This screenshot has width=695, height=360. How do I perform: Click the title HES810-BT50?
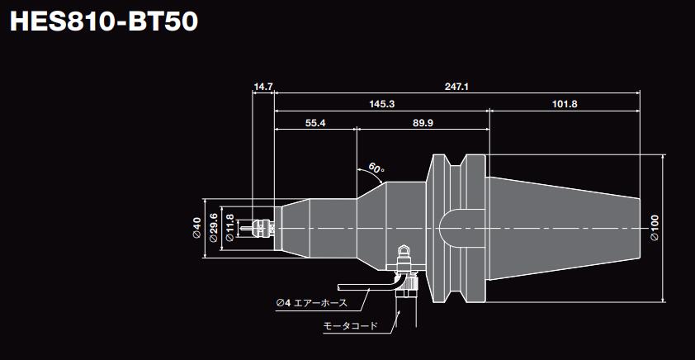(x=102, y=21)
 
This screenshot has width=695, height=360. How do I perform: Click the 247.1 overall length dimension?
(x=456, y=86)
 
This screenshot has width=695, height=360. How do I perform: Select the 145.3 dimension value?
(x=382, y=104)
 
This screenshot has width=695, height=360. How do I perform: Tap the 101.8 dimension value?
(x=565, y=104)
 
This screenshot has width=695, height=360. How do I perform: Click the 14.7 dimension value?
(x=263, y=86)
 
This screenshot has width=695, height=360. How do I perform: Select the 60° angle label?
(x=376, y=169)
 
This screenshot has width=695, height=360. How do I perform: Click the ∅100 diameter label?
(x=654, y=226)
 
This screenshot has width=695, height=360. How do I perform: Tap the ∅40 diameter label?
(x=196, y=227)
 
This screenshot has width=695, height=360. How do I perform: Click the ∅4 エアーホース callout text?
(x=313, y=304)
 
